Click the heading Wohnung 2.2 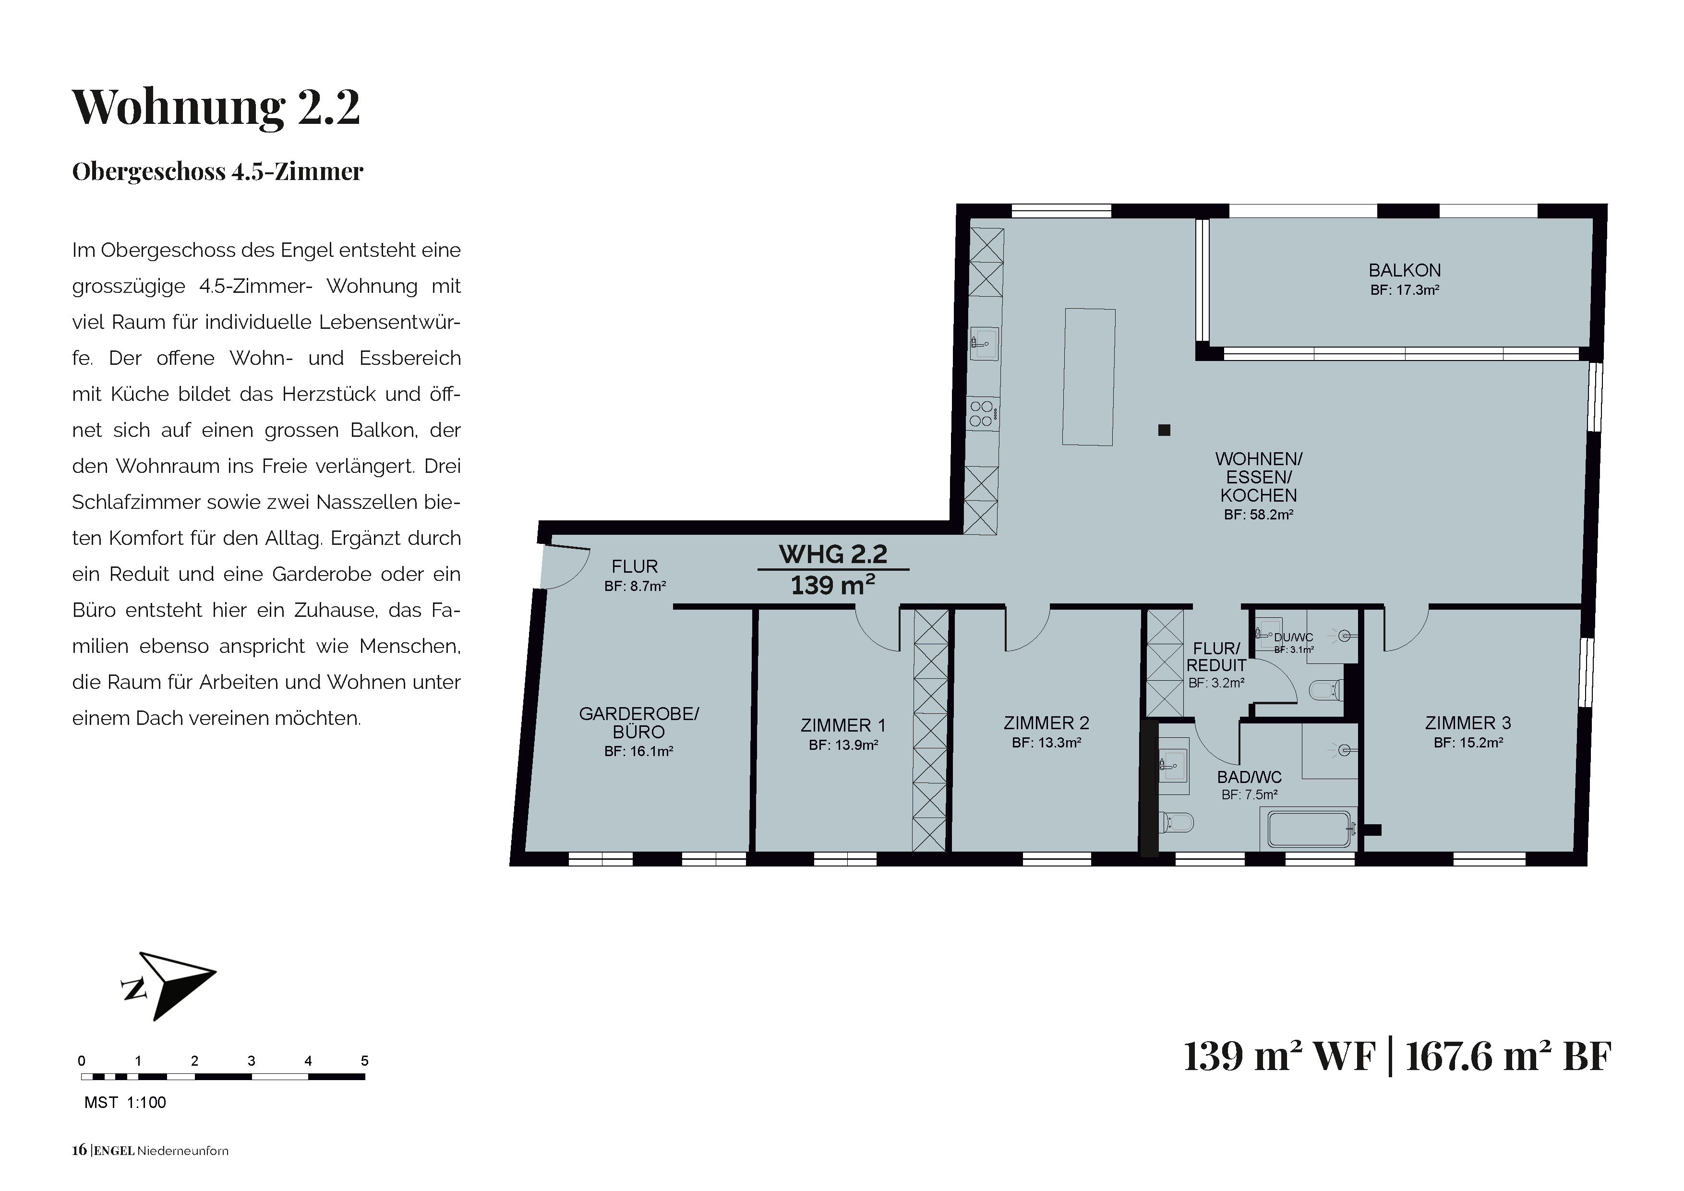click(x=217, y=107)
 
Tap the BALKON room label click(x=1405, y=271)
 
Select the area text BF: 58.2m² click(x=1259, y=515)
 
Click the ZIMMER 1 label click(x=843, y=725)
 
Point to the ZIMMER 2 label click(x=1046, y=723)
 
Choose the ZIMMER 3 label click(x=1468, y=723)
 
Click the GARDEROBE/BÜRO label click(x=639, y=722)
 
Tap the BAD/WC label click(x=1250, y=777)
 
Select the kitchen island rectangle click(x=1089, y=377)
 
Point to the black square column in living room click(x=1164, y=431)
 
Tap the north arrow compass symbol click(x=168, y=986)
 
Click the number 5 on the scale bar click(x=364, y=1060)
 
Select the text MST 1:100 click(x=125, y=1102)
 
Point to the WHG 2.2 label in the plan click(x=833, y=554)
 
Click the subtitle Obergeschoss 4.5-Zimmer click(x=218, y=171)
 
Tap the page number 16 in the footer click(x=79, y=1151)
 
